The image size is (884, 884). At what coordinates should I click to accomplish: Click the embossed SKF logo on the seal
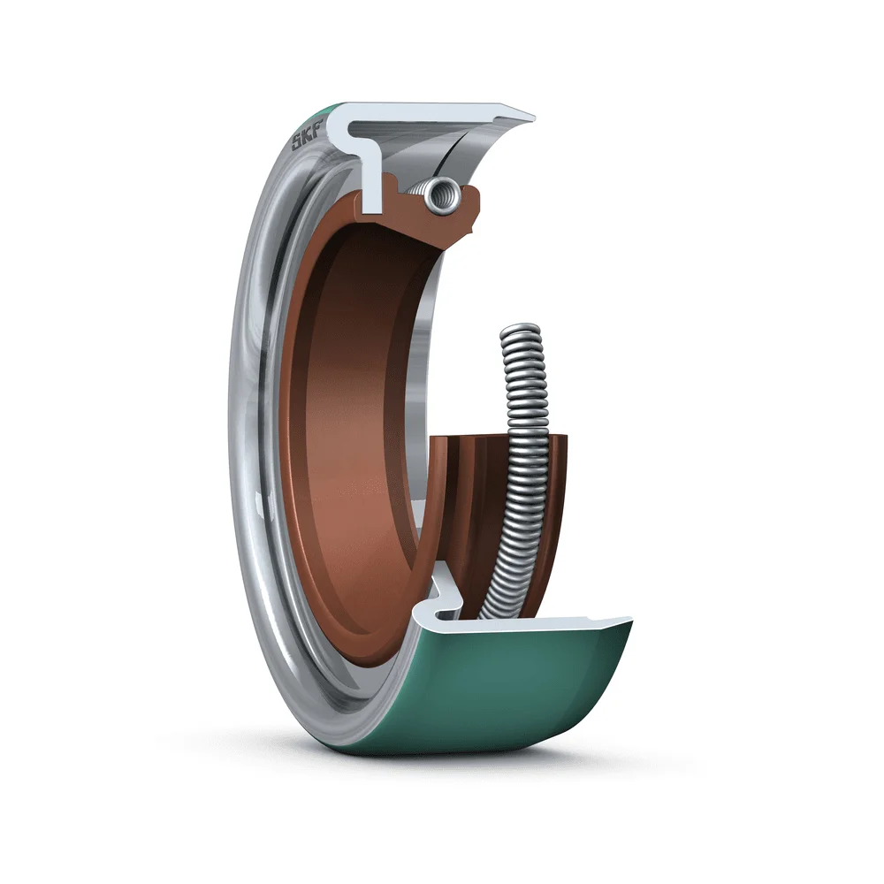tap(307, 136)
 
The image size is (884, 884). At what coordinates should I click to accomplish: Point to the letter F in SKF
tap(316, 128)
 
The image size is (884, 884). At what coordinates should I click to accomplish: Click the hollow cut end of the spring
tap(442, 195)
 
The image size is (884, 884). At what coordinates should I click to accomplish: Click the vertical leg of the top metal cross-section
tap(371, 180)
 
